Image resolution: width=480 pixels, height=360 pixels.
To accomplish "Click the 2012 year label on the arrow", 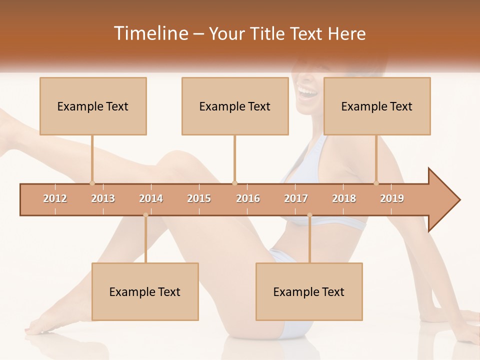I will click(x=55, y=198).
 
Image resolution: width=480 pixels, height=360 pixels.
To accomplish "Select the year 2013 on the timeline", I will click(x=103, y=198).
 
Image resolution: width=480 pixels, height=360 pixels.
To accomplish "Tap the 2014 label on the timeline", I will click(x=151, y=198).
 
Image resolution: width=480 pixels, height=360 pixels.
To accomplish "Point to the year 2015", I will click(x=199, y=198).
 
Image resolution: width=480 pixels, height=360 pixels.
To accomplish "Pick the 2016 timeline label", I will click(x=248, y=198).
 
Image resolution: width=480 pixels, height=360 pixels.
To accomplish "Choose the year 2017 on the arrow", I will click(x=296, y=198).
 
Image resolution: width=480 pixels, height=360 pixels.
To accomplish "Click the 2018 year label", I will click(x=344, y=198).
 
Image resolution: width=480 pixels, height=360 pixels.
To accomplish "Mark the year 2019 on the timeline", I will click(x=392, y=198).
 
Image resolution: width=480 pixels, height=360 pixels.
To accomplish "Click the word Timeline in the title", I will click(x=150, y=33).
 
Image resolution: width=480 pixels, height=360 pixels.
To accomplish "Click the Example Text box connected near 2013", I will click(x=93, y=106).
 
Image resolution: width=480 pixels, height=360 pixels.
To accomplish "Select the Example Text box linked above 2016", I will click(x=235, y=106).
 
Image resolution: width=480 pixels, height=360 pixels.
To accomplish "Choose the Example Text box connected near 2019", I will click(x=377, y=106).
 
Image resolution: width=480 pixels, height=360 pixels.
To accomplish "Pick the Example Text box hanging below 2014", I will click(x=145, y=291).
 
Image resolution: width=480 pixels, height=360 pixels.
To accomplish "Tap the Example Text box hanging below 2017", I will click(x=309, y=291).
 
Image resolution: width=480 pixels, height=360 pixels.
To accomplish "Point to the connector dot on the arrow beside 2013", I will click(x=92, y=183).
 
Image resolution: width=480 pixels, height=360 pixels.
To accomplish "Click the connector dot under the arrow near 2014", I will click(x=145, y=215).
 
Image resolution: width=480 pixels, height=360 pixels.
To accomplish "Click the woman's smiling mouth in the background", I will click(x=307, y=92).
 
